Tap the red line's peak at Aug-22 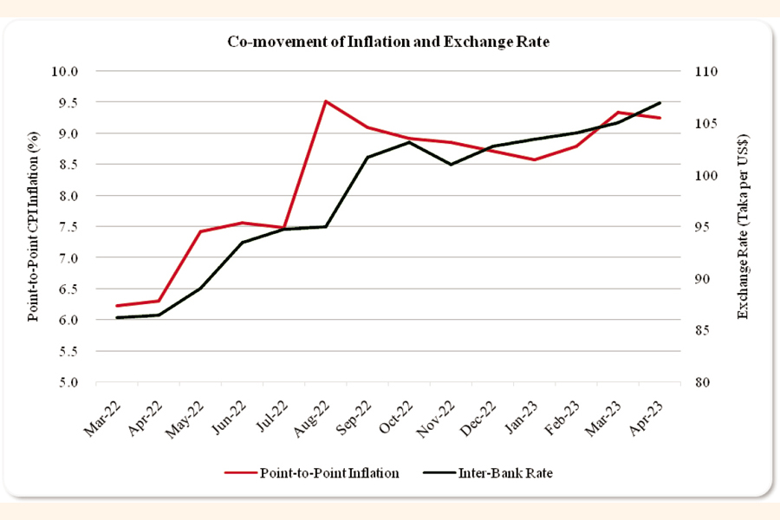coord(325,101)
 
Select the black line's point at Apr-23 coord(660,103)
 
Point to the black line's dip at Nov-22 coord(451,164)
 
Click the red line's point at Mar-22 coord(116,305)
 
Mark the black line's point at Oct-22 coord(409,142)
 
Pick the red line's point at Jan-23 coord(535,159)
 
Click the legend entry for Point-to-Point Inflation coord(312,473)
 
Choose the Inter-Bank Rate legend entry coord(489,473)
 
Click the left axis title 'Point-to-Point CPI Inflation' coord(34,227)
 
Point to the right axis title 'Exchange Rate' coord(743,227)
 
